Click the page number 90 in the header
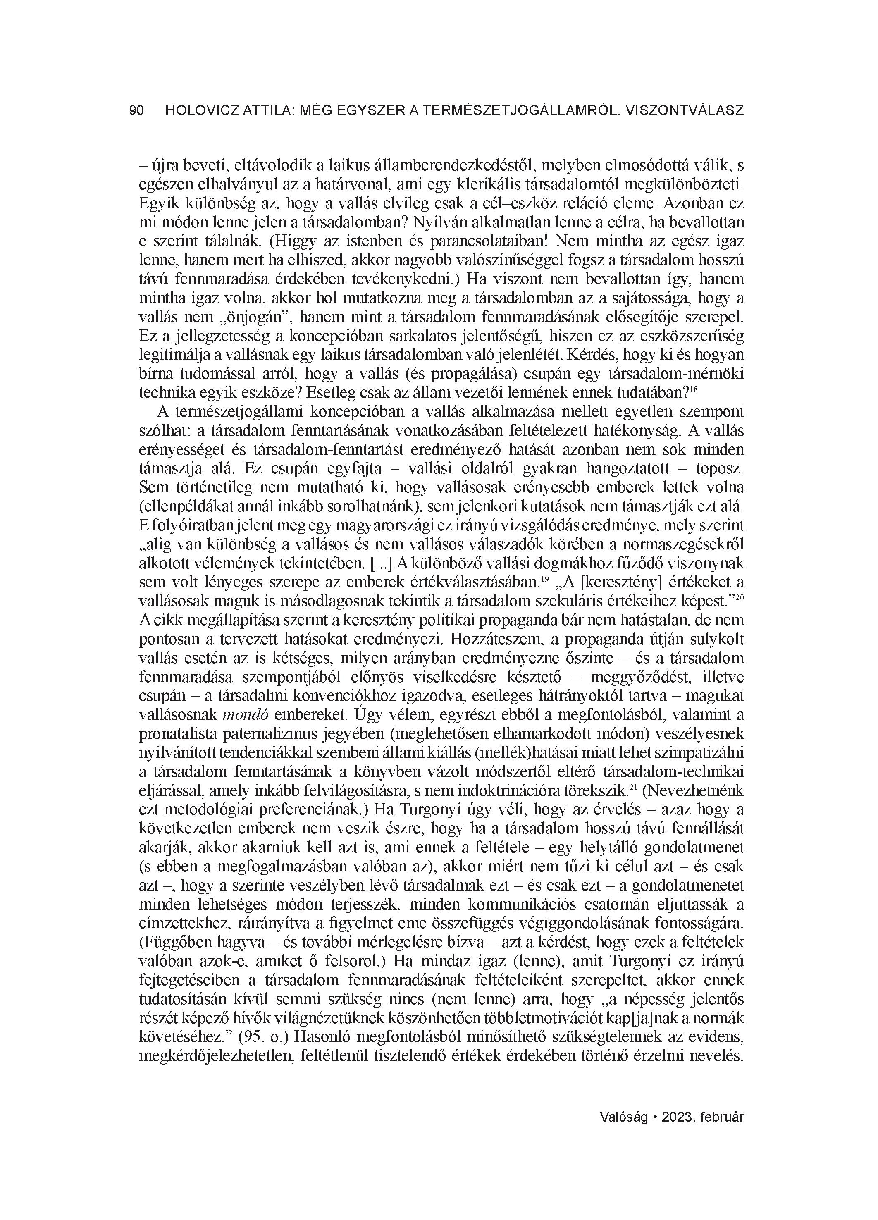(137, 111)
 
